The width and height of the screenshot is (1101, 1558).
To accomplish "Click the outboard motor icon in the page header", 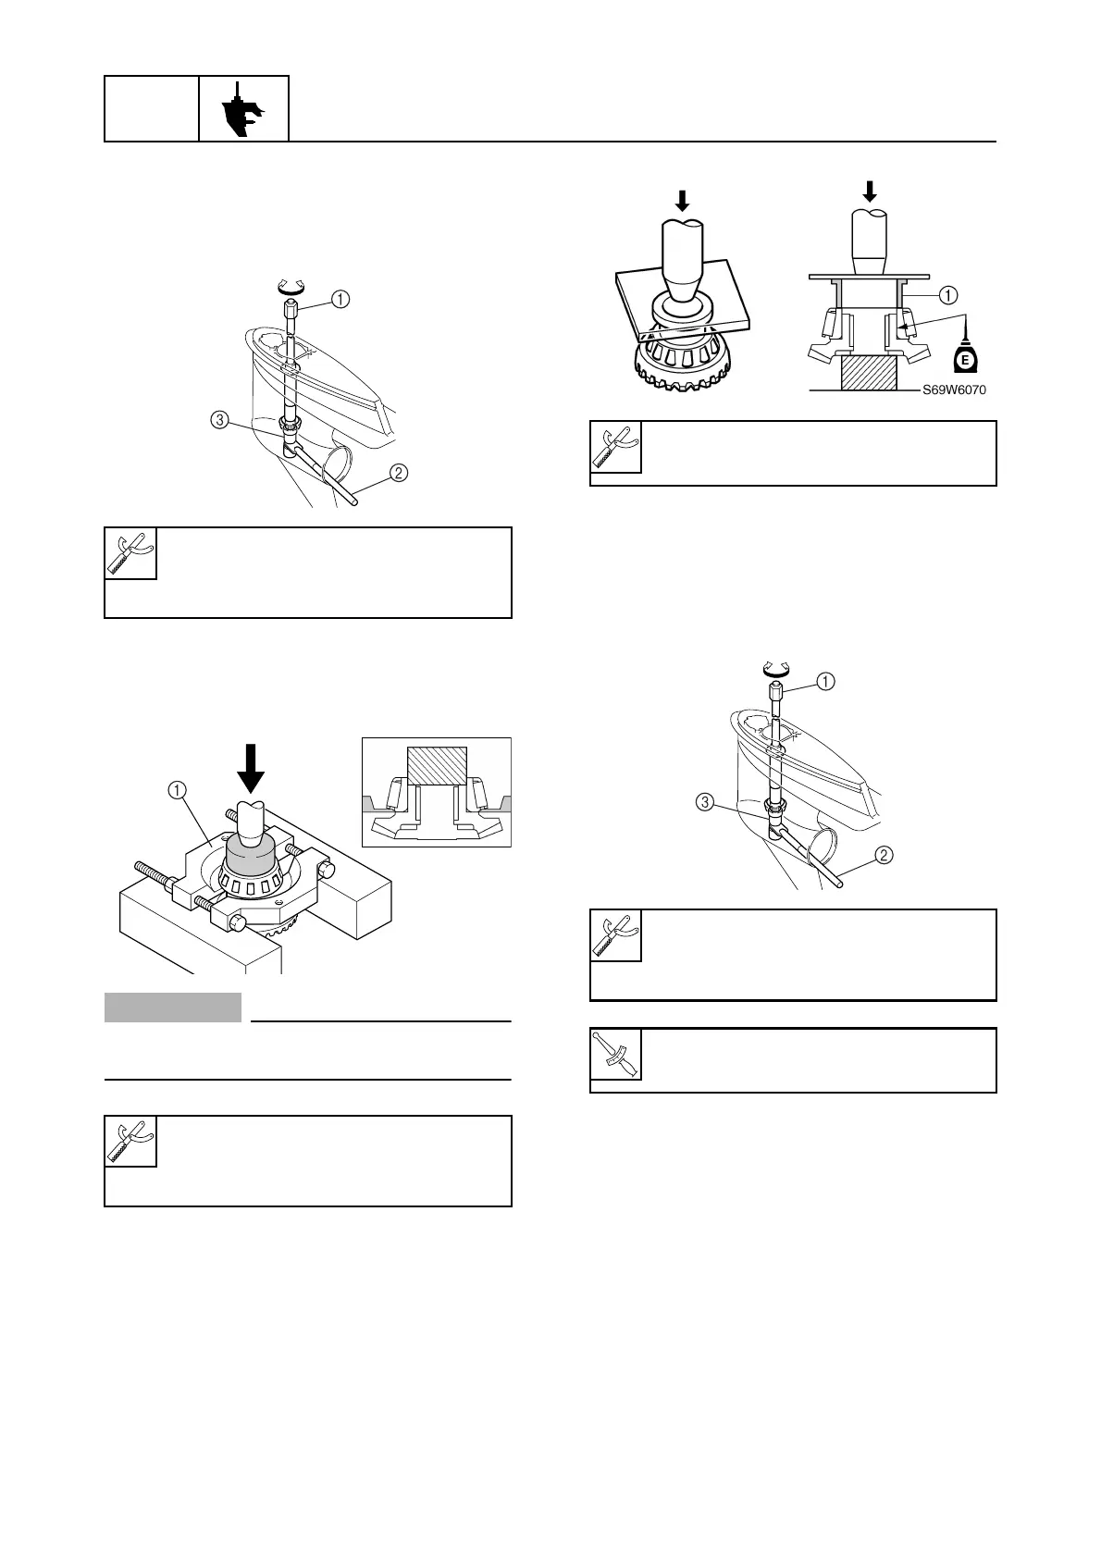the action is pos(243,109).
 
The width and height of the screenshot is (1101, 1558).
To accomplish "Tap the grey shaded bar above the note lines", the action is pos(173,1008).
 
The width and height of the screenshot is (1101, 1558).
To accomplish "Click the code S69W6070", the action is pos(954,389).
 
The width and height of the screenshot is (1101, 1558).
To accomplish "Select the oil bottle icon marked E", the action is pos(965,357).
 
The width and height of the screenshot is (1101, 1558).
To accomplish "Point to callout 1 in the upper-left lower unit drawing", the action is pos(340,299).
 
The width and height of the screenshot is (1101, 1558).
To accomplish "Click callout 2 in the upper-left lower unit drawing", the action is pos(398,473).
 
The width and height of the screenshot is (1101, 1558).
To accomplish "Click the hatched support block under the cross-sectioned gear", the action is pos(868,374).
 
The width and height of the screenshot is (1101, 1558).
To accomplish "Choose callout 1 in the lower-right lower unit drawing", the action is pos(824,682).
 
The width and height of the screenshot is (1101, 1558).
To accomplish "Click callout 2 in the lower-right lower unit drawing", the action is pos(884,856).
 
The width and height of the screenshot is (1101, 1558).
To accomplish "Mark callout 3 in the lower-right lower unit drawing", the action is pos(705,802).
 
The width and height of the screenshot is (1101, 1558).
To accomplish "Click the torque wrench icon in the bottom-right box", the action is pos(615,1054).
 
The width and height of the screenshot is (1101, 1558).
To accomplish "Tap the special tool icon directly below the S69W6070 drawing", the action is pos(615,447).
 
